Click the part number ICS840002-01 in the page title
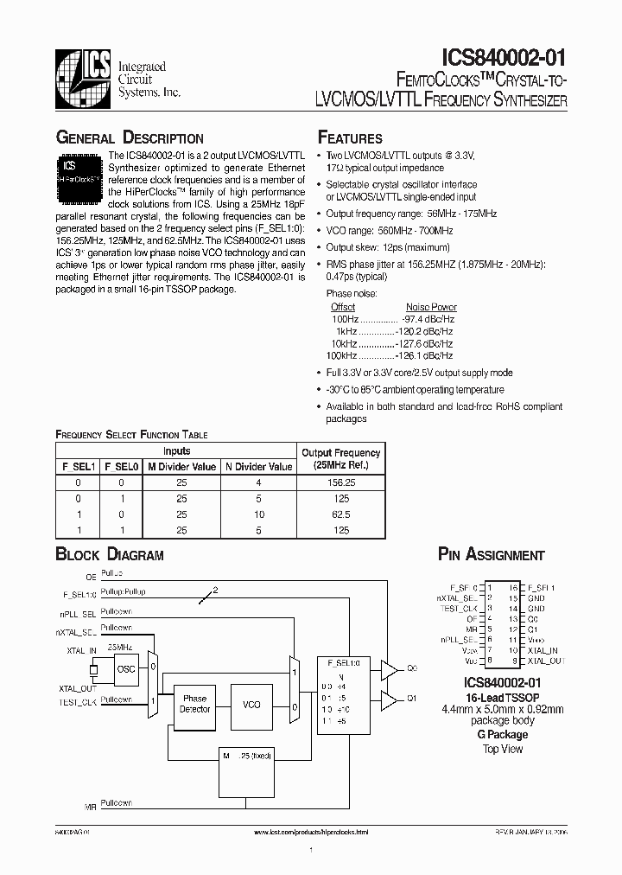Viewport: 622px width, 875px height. coord(504,58)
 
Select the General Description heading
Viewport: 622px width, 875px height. coord(130,138)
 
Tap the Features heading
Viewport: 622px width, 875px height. coord(350,138)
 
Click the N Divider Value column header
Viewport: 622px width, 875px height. coord(258,467)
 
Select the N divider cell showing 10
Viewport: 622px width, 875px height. coord(258,514)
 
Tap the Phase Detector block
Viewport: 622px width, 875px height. coord(194,704)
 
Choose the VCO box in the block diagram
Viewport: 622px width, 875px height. coord(251,704)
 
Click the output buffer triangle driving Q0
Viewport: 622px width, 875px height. coord(390,668)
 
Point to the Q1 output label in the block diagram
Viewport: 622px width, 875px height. coord(412,698)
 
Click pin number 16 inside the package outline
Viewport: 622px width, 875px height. coord(513,587)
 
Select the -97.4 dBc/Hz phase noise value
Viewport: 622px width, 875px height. coord(429,319)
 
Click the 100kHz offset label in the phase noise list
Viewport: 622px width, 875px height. coord(341,355)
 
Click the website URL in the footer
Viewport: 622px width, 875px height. coord(312,832)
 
